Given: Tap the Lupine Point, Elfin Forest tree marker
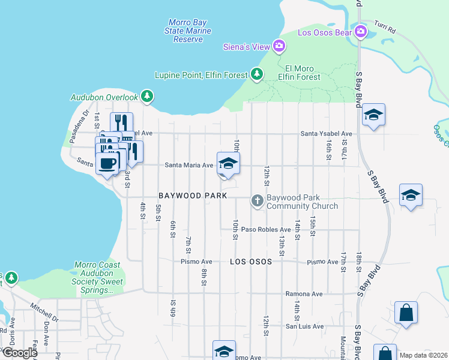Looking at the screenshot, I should pyautogui.click(x=257, y=74).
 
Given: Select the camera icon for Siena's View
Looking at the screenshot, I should pyautogui.click(x=279, y=46).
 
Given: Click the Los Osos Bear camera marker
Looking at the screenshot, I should pyautogui.click(x=360, y=31).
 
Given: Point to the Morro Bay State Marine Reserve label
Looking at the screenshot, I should pyautogui.click(x=188, y=31).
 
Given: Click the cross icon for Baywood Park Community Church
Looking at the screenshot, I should pyautogui.click(x=258, y=200).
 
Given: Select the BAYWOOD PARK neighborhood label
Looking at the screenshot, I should pyautogui.click(x=193, y=196).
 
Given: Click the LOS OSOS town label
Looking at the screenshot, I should pyautogui.click(x=250, y=262).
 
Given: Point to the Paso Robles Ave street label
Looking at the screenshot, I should pyautogui.click(x=266, y=229).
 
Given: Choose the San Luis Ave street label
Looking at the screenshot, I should pyautogui.click(x=304, y=326).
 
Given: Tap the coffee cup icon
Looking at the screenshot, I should pyautogui.click(x=108, y=163).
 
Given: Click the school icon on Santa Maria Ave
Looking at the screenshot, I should pyautogui.click(x=228, y=163).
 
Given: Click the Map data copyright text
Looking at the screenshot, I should pyautogui.click(x=423, y=355).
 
